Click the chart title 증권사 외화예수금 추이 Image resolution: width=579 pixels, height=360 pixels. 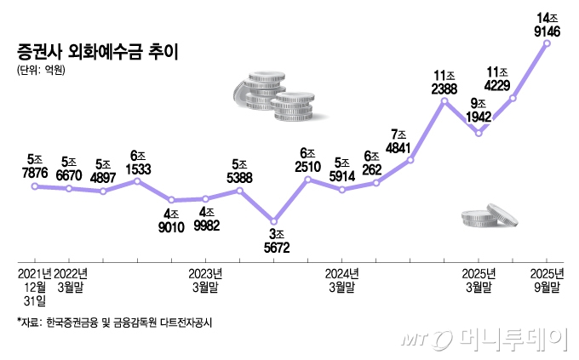(x=93, y=50)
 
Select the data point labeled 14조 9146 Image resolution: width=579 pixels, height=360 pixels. (x=546, y=43)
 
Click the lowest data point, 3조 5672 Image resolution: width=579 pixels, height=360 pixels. (x=273, y=220)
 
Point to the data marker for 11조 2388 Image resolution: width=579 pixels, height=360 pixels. (x=444, y=101)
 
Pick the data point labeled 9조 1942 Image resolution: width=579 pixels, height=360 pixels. (x=479, y=134)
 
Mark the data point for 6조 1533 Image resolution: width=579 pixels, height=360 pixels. (x=137, y=180)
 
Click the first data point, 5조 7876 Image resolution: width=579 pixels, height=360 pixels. (x=35, y=186)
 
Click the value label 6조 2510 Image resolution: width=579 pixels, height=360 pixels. (x=307, y=158)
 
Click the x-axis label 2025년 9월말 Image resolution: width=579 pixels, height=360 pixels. (x=545, y=280)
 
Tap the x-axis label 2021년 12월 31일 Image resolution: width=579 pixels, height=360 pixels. (x=35, y=287)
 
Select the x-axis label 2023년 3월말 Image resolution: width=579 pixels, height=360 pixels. (x=204, y=280)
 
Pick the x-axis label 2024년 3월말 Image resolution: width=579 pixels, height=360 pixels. (x=341, y=280)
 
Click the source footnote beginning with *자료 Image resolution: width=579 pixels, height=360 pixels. (x=114, y=323)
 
